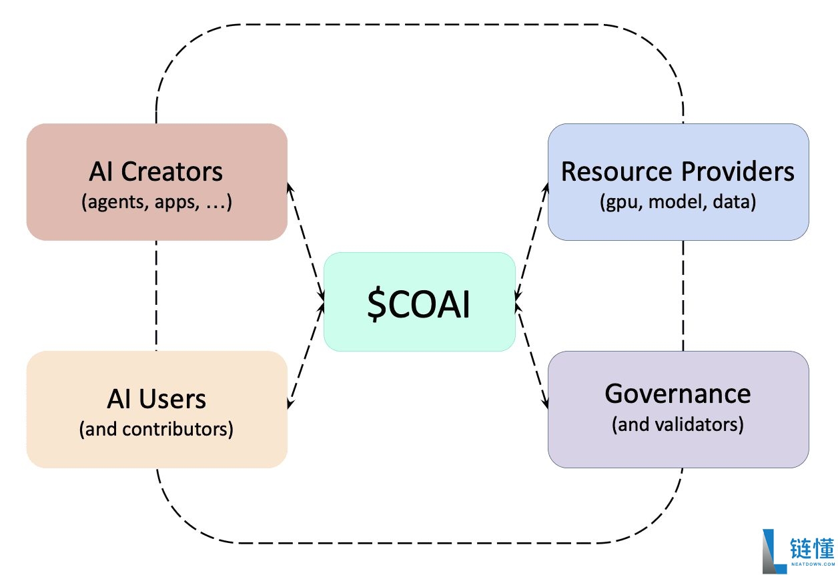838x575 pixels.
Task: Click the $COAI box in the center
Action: pos(420,302)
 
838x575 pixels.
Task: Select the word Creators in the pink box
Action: pos(171,171)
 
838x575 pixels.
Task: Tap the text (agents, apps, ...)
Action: pos(157,202)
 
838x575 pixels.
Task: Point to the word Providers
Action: pos(737,171)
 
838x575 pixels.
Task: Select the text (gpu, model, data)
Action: pos(678,202)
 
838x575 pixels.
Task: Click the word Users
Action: pos(172,399)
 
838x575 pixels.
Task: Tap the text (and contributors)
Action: pos(156,429)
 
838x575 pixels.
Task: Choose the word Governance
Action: pos(677,394)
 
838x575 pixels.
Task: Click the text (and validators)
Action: pos(677,424)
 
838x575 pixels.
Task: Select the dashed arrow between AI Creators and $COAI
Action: pos(306,242)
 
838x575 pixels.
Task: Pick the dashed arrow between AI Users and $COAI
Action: pos(306,355)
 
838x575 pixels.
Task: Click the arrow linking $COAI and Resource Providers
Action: pos(532,242)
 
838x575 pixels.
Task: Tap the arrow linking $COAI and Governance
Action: pos(532,356)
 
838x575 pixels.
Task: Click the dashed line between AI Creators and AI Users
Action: pos(156,296)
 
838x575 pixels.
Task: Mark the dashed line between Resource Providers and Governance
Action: pos(683,296)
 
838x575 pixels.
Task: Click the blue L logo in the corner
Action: pos(775,551)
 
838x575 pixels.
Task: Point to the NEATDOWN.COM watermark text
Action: pos(813,564)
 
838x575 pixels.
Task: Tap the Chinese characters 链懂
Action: pos(812,548)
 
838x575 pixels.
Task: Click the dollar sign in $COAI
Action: pos(376,304)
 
